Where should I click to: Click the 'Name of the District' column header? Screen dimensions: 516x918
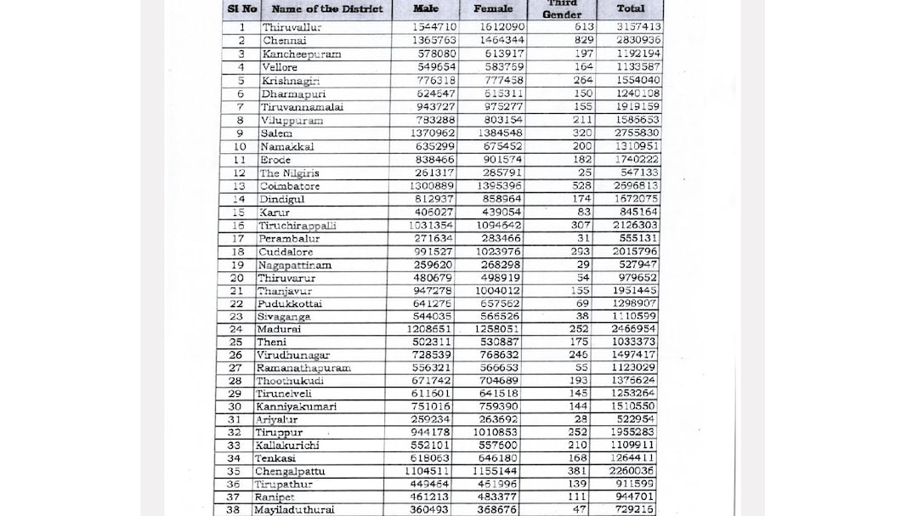327,9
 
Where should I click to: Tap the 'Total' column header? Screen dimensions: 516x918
631,9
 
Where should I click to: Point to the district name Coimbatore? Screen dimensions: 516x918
290,186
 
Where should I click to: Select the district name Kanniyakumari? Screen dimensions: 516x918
296,406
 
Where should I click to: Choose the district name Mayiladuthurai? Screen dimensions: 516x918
295,510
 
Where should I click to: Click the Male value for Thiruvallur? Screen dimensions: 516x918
435,27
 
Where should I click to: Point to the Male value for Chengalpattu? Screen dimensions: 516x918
434,471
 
